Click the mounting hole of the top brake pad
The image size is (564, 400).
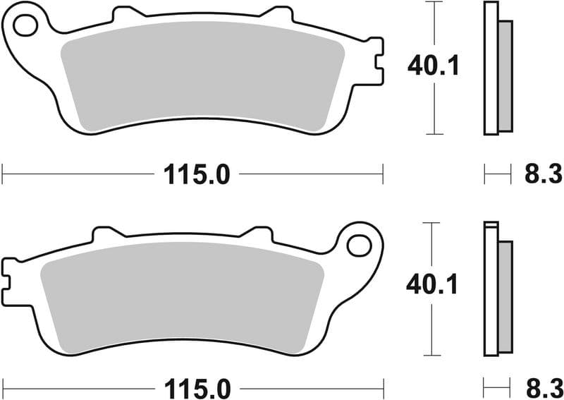(x=25, y=26)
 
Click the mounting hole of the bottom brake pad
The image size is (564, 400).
(x=359, y=246)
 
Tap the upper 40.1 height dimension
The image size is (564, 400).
(x=433, y=66)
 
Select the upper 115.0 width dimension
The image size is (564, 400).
(x=197, y=174)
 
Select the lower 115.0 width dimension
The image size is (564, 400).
(x=197, y=388)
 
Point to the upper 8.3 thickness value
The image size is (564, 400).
(x=542, y=174)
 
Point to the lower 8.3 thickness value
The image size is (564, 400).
(x=542, y=388)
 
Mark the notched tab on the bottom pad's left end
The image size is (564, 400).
(x=8, y=274)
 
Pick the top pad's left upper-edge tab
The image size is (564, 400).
(x=127, y=13)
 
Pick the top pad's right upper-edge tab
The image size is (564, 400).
(x=277, y=13)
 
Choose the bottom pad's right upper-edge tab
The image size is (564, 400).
(x=257, y=233)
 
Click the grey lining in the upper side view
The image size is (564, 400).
(x=505, y=75)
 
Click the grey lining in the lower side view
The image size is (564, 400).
(x=505, y=296)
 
